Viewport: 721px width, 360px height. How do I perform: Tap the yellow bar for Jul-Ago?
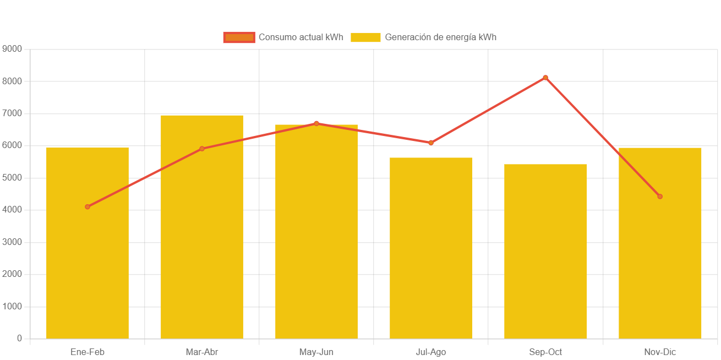pyautogui.click(x=431, y=248)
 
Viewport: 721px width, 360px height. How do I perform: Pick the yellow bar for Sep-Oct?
pyautogui.click(x=545, y=251)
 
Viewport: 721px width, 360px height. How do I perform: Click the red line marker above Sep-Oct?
pyautogui.click(x=545, y=78)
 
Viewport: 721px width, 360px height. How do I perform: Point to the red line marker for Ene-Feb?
pyautogui.click(x=88, y=207)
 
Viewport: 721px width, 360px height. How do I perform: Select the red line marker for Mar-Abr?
pyautogui.click(x=202, y=149)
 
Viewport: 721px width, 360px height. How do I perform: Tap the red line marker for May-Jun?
pyautogui.click(x=316, y=123)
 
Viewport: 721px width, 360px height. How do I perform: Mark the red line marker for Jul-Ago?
pyautogui.click(x=431, y=143)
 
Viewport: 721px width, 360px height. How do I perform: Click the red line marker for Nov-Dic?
pyautogui.click(x=660, y=197)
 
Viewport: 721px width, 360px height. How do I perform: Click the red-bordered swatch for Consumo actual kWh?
pyautogui.click(x=239, y=37)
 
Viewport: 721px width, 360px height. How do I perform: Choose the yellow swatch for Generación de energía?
pyautogui.click(x=365, y=37)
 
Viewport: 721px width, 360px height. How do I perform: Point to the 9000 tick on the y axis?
pyautogui.click(x=12, y=49)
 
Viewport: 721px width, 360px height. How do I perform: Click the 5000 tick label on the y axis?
pyautogui.click(x=12, y=177)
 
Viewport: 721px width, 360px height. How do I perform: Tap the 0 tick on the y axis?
pyautogui.click(x=19, y=338)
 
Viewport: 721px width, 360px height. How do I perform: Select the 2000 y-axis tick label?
pyautogui.click(x=12, y=274)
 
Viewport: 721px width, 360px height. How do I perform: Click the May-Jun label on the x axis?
pyautogui.click(x=316, y=352)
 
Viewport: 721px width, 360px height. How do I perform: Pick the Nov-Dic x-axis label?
pyautogui.click(x=660, y=352)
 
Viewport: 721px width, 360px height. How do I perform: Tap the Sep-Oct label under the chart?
pyautogui.click(x=545, y=352)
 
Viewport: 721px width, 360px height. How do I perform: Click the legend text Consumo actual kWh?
pyautogui.click(x=301, y=37)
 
